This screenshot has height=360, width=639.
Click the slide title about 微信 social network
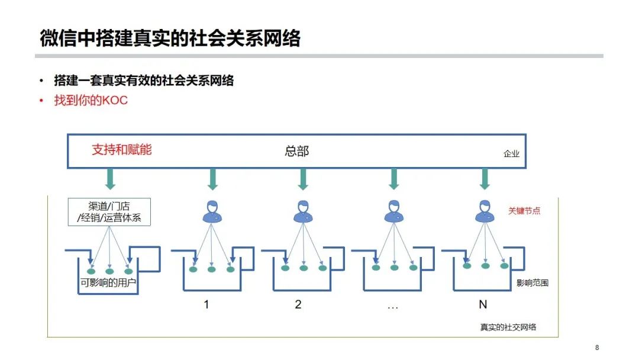click(x=170, y=38)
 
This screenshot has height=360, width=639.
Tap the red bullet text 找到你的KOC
click(x=91, y=101)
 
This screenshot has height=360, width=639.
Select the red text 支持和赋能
click(x=122, y=150)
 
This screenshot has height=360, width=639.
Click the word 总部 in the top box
click(x=297, y=152)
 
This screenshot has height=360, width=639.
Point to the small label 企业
click(x=511, y=154)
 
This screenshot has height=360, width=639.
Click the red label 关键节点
click(x=524, y=211)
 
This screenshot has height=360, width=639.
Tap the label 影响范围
click(x=532, y=283)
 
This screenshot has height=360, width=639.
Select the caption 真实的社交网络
click(x=508, y=327)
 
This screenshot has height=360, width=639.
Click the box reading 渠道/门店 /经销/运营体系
click(x=109, y=212)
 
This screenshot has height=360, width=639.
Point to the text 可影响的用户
click(x=108, y=282)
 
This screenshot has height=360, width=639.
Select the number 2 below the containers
click(x=298, y=305)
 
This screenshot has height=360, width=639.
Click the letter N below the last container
click(x=483, y=305)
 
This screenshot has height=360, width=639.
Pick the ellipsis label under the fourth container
click(x=392, y=306)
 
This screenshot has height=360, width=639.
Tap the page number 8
click(x=597, y=348)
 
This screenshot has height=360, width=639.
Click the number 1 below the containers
click(x=206, y=305)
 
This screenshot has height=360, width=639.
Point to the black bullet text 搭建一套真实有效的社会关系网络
click(x=144, y=81)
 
